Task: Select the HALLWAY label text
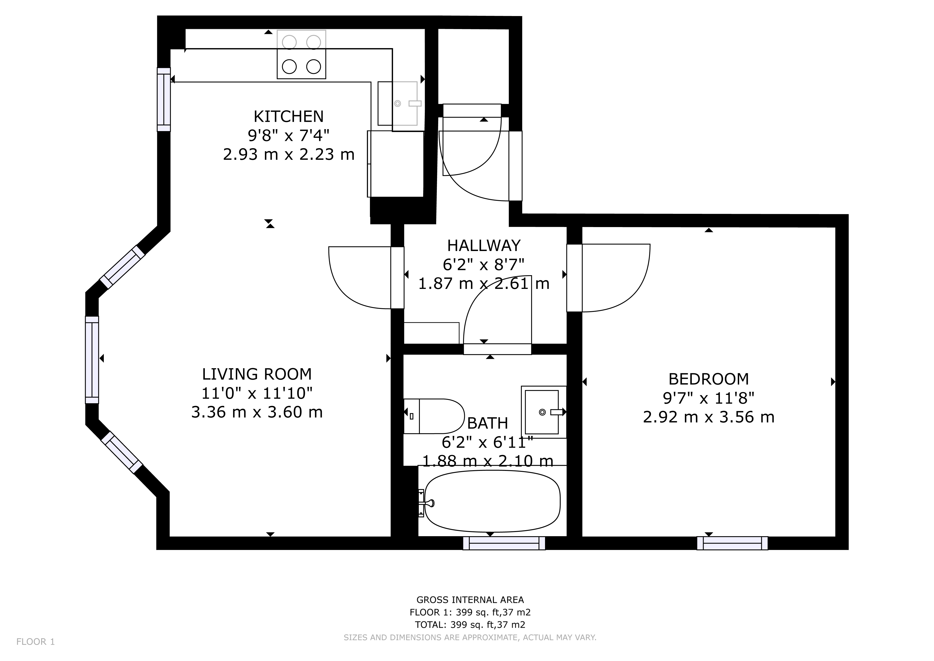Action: tap(484, 246)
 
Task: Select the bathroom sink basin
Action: tap(542, 412)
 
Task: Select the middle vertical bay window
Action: tap(92, 360)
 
